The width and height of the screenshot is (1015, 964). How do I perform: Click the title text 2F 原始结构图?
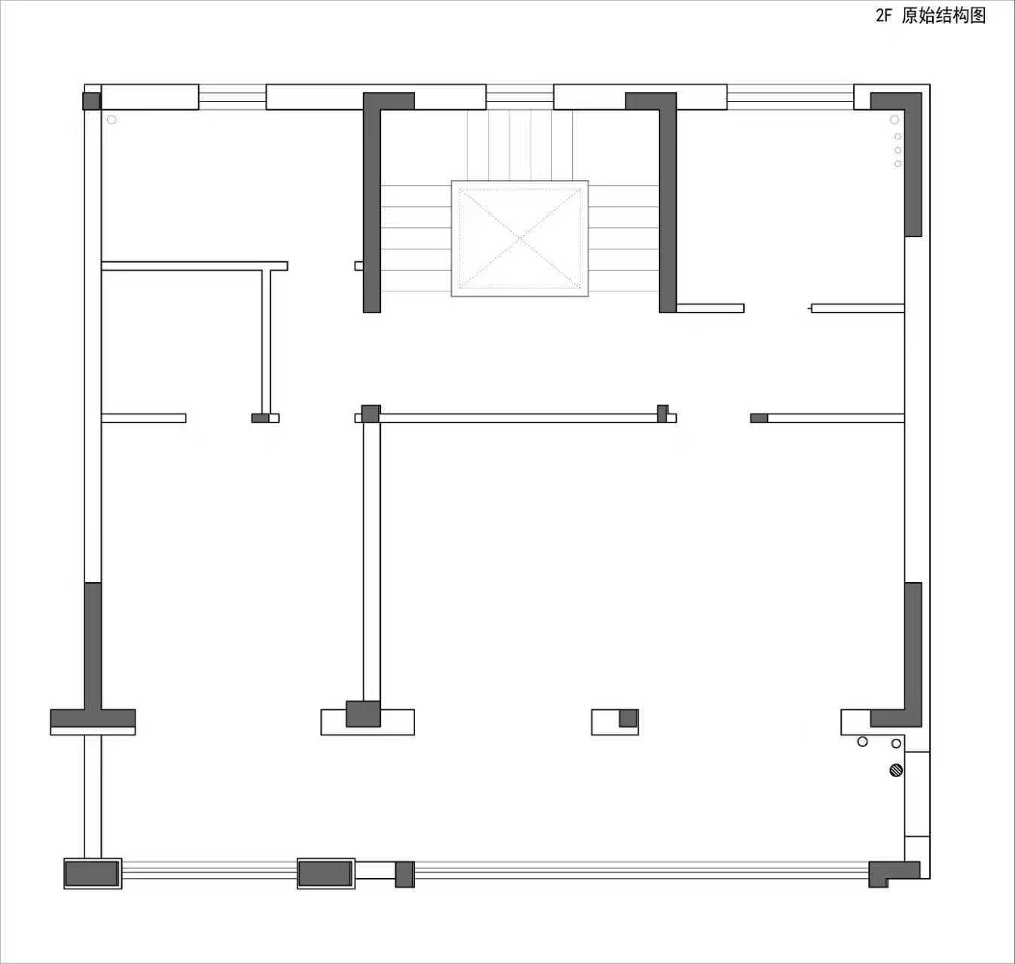[x=931, y=16]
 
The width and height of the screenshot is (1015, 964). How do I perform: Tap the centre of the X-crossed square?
[x=520, y=238]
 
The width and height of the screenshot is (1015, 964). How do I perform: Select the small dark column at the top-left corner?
[x=91, y=101]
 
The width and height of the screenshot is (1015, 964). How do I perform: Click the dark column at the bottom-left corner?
[x=93, y=873]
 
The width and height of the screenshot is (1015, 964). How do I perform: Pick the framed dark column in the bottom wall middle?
[x=326, y=873]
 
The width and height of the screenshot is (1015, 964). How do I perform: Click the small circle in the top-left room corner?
[x=111, y=120]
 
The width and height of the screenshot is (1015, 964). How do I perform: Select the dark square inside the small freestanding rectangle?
[x=628, y=718]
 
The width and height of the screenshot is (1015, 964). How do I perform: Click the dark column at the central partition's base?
[x=363, y=713]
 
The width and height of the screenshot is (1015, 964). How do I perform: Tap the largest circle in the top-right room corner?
[x=895, y=120]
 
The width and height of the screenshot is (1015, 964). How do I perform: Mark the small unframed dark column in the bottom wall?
[x=405, y=874]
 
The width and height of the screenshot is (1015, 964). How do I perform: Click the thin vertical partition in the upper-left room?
[x=267, y=342]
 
